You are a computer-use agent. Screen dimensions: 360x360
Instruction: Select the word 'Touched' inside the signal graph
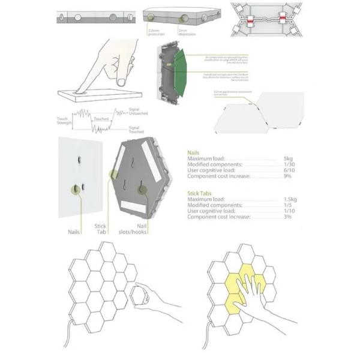(x=100, y=119)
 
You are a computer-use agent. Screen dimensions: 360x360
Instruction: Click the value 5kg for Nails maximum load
(x=288, y=159)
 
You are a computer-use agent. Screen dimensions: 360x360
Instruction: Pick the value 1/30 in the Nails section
(x=288, y=164)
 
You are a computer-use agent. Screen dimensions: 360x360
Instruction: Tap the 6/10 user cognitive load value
(x=288, y=170)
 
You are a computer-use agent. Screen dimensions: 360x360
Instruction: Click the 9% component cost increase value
(x=287, y=176)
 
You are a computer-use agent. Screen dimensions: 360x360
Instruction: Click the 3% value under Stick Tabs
(x=287, y=217)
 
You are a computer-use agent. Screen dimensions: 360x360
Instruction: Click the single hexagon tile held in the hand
(x=137, y=296)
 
